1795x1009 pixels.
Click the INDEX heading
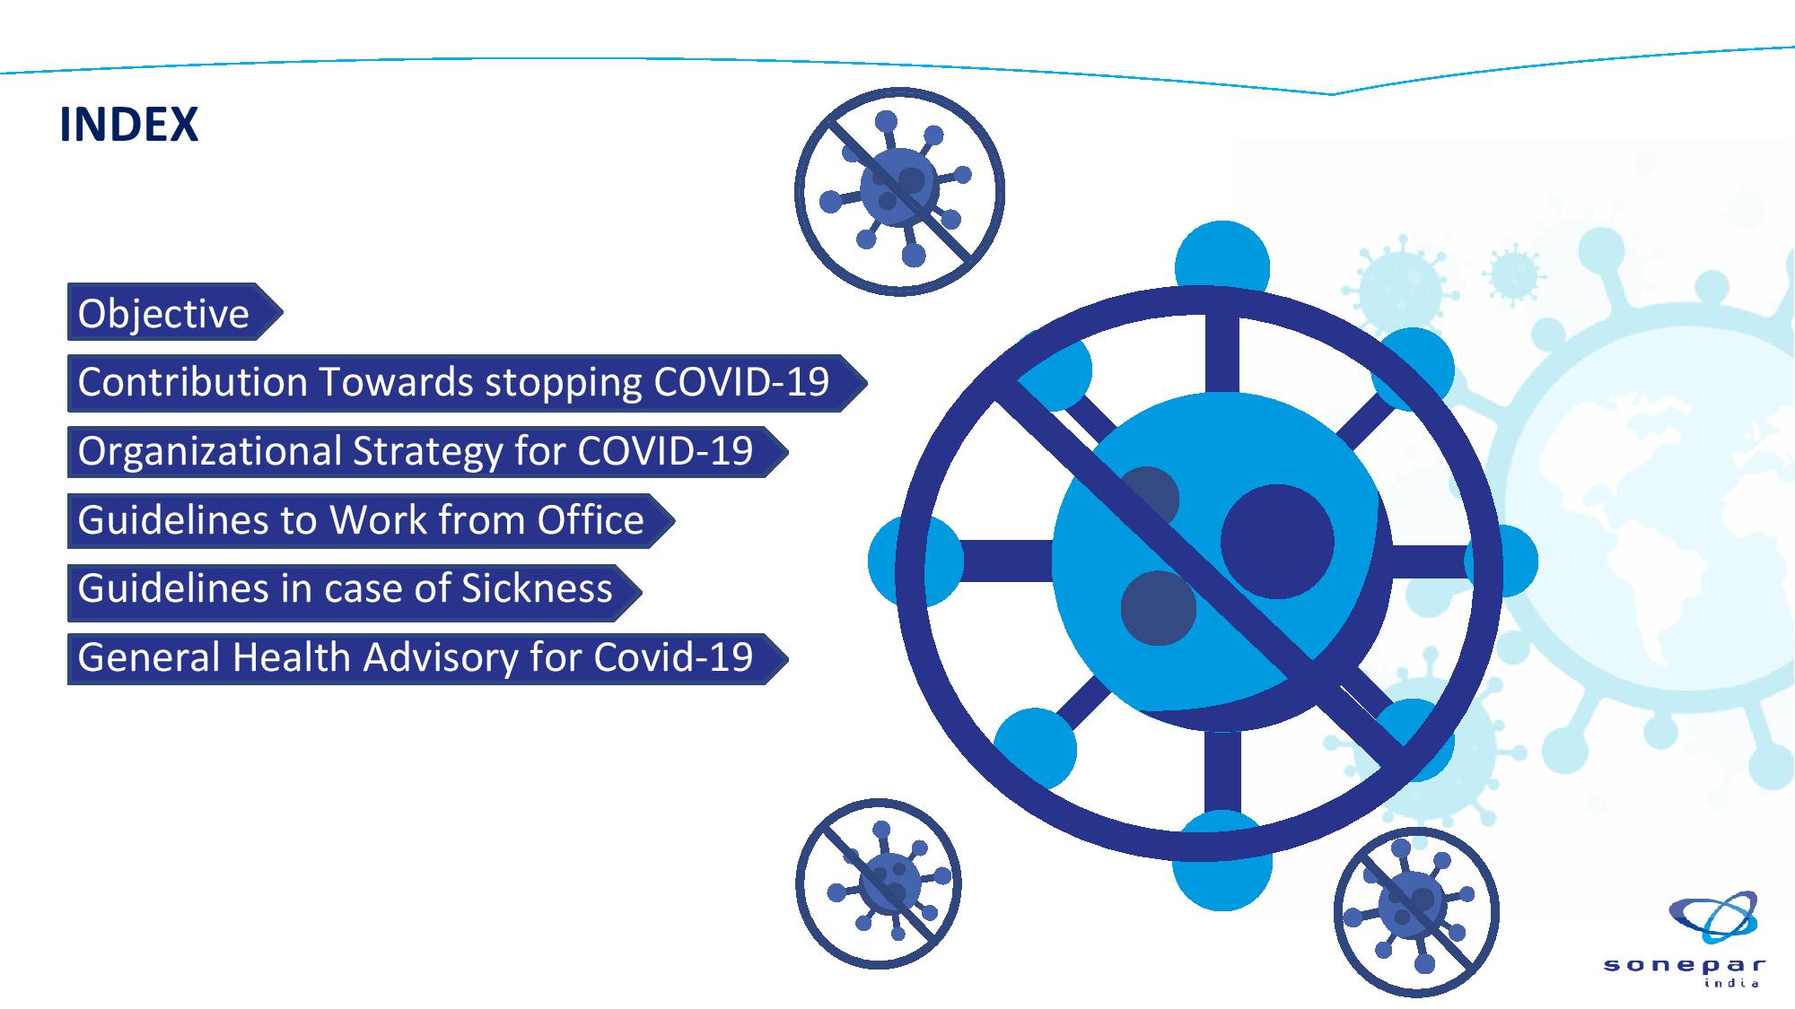pyautogui.click(x=128, y=124)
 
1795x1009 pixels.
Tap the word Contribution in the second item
pyautogui.click(x=192, y=382)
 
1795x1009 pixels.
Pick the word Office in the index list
pyautogui.click(x=591, y=520)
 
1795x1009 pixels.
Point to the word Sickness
pyautogui.click(x=537, y=588)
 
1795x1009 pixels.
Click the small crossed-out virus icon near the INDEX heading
pyautogui.click(x=899, y=191)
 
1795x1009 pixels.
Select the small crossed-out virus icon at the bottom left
pyautogui.click(x=878, y=883)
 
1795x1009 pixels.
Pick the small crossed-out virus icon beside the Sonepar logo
pyautogui.click(x=1416, y=912)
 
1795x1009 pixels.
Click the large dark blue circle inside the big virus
pyautogui.click(x=1277, y=541)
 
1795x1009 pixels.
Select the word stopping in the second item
pyautogui.click(x=564, y=383)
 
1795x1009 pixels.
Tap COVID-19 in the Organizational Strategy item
pyautogui.click(x=665, y=451)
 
